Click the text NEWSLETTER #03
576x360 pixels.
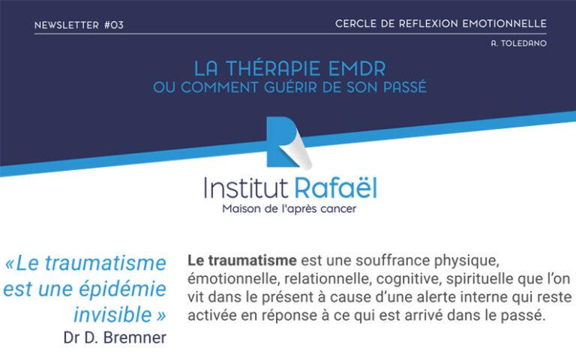click(79, 25)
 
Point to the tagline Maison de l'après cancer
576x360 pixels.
click(288, 208)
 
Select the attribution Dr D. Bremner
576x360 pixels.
click(115, 337)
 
